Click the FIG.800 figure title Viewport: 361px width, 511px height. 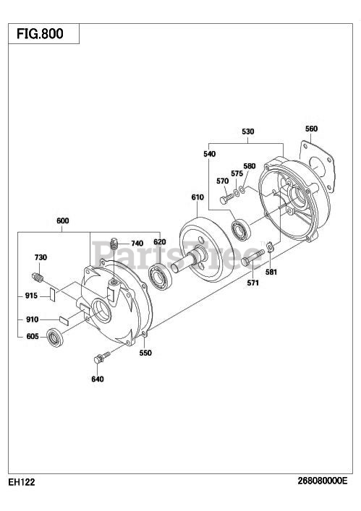pyautogui.click(x=40, y=33)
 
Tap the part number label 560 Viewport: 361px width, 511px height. pyautogui.click(x=311, y=129)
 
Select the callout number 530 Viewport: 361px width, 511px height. pyautogui.click(x=248, y=132)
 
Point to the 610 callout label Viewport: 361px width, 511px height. pyautogui.click(x=198, y=197)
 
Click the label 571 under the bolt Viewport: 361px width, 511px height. pyautogui.click(x=252, y=283)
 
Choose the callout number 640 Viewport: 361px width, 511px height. pyautogui.click(x=98, y=379)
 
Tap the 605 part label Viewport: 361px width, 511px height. pyautogui.click(x=33, y=336)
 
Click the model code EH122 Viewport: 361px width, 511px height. pyautogui.click(x=22, y=482)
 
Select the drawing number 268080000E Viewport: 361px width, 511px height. pyautogui.click(x=323, y=481)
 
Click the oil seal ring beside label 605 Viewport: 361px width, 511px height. pyautogui.click(x=55, y=338)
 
